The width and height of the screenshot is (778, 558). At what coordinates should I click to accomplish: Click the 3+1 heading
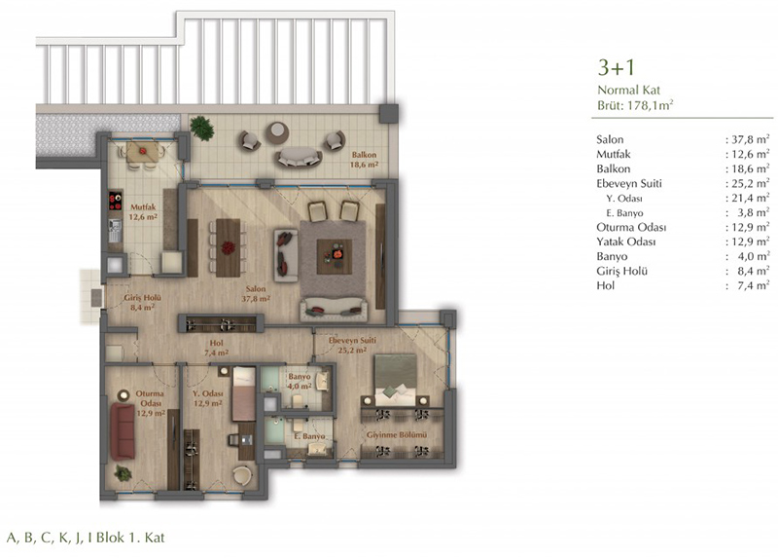(x=616, y=67)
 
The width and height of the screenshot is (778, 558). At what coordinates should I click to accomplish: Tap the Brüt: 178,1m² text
(x=635, y=105)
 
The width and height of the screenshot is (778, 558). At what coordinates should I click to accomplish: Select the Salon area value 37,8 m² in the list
(x=747, y=139)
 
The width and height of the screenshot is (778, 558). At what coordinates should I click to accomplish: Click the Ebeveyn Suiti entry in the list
(x=628, y=183)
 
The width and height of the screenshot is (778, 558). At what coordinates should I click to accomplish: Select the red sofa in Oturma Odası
(x=123, y=431)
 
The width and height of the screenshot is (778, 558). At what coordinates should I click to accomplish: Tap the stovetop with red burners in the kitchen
(x=115, y=202)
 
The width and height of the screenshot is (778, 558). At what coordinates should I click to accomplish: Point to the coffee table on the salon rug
(x=335, y=256)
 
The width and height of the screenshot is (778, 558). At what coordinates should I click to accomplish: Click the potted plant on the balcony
(x=201, y=129)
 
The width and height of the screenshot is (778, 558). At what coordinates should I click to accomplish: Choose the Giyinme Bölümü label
(x=397, y=434)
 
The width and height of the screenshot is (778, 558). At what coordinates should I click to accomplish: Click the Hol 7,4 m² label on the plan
(x=216, y=348)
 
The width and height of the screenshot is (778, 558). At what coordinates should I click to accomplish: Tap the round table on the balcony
(x=277, y=131)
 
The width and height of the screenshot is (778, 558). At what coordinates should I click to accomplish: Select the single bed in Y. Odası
(x=244, y=393)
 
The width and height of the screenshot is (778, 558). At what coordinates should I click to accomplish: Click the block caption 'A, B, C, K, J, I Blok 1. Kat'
(x=86, y=538)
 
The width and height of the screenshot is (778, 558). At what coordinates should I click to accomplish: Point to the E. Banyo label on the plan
(x=309, y=436)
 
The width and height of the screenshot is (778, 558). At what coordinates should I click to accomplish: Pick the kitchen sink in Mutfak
(x=115, y=231)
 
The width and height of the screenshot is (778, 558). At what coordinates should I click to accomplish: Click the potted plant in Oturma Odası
(x=123, y=473)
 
